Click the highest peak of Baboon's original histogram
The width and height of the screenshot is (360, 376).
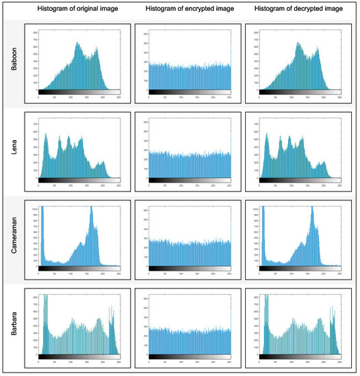[77, 44]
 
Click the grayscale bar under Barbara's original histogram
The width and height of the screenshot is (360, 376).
[79, 357]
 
